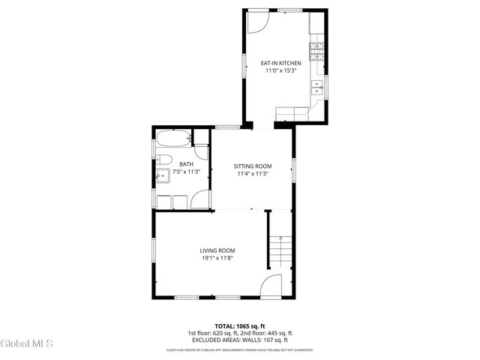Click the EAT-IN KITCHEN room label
280,63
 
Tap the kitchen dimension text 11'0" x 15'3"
280,70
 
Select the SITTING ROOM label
252,166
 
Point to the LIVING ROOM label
217,250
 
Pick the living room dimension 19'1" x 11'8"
217,259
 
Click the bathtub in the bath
172,139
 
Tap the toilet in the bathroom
165,159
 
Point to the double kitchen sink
319,88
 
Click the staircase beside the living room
279,252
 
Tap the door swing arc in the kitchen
256,22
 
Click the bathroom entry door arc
201,199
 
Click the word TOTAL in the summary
226,326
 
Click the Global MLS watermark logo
26,344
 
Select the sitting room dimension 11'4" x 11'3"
252,173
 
